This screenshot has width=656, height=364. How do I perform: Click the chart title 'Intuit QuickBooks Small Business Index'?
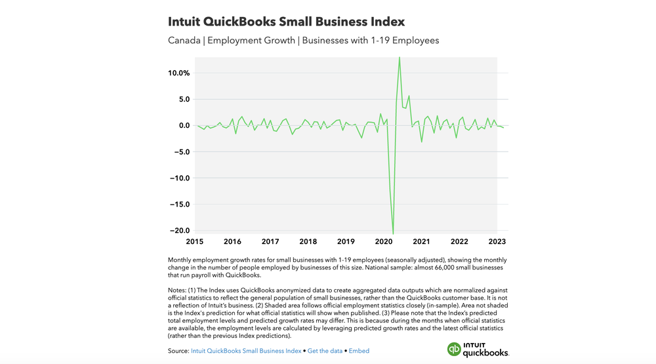[x=286, y=22]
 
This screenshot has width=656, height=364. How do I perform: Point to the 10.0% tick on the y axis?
[x=178, y=73]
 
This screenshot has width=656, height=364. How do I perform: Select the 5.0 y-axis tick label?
[x=183, y=99]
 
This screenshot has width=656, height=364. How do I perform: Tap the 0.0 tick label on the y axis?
[x=183, y=125]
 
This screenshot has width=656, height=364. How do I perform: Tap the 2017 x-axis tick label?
[x=271, y=241]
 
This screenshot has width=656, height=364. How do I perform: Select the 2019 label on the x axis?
[x=346, y=241]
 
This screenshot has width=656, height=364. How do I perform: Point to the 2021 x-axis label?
[x=421, y=241]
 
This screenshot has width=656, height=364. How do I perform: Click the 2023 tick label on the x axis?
[x=496, y=241]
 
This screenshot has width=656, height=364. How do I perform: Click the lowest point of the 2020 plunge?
[x=393, y=233]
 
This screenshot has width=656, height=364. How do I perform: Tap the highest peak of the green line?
[x=400, y=58]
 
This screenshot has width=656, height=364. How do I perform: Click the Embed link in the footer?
[x=359, y=351]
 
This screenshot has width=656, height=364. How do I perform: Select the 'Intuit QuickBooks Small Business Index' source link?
[x=246, y=351]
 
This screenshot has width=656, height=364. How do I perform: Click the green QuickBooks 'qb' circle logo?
[x=454, y=350]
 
